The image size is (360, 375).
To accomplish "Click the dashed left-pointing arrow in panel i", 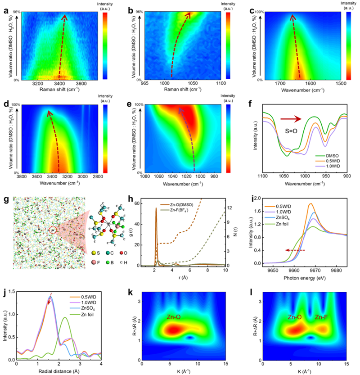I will click(297, 250).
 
